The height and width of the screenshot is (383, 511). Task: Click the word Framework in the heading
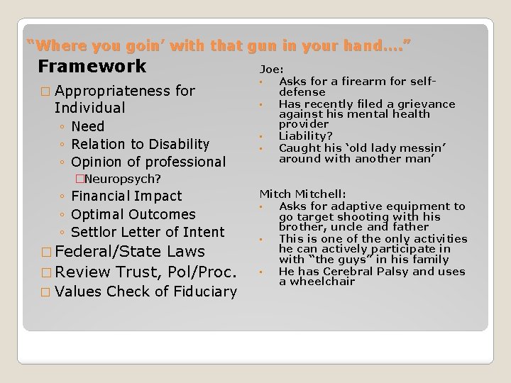coord(92,67)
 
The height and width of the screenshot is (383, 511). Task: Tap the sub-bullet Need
coord(88,126)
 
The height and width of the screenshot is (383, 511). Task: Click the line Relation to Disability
coord(141,144)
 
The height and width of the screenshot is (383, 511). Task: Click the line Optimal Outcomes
coord(133,213)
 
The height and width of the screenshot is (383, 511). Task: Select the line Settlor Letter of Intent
coord(148,231)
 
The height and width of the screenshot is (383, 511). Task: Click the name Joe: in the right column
coord(272,70)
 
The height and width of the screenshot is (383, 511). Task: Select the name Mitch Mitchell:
coord(302,193)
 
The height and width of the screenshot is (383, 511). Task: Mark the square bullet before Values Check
coord(46,292)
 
